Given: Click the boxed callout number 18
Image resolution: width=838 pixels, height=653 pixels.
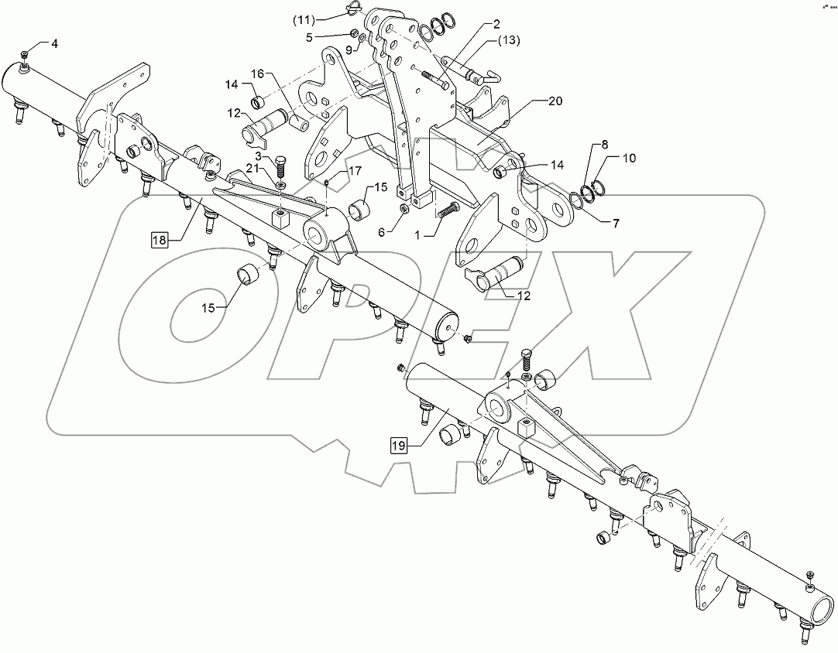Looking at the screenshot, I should point(159,240).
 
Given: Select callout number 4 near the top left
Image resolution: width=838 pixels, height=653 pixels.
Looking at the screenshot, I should point(54,43).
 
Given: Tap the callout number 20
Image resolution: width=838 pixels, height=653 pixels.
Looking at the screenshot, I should point(555,101).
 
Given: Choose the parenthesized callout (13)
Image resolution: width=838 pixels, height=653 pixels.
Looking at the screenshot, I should point(510,40).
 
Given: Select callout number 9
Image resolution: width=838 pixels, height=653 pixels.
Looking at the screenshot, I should point(349,50).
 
